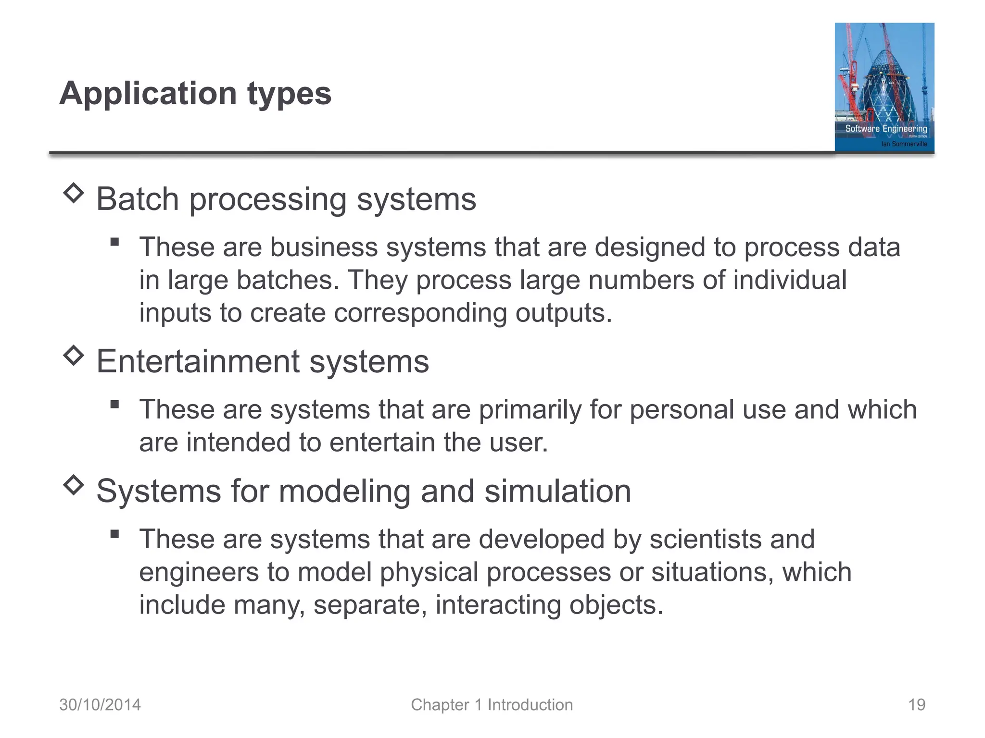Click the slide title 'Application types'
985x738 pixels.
[195, 93]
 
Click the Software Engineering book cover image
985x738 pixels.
[884, 87]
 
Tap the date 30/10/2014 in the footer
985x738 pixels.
[100, 705]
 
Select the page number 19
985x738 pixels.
[916, 705]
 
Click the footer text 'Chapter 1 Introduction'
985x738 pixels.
[492, 705]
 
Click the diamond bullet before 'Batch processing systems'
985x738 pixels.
[74, 193]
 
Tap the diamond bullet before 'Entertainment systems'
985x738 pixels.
[74, 356]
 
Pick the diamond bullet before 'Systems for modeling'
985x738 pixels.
[74, 485]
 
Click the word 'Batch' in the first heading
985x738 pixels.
[138, 199]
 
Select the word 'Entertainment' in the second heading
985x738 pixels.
[198, 361]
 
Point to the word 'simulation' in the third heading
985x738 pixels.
[557, 491]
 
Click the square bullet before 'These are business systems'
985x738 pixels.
[114, 242]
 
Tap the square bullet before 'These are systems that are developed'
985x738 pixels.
[114, 534]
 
